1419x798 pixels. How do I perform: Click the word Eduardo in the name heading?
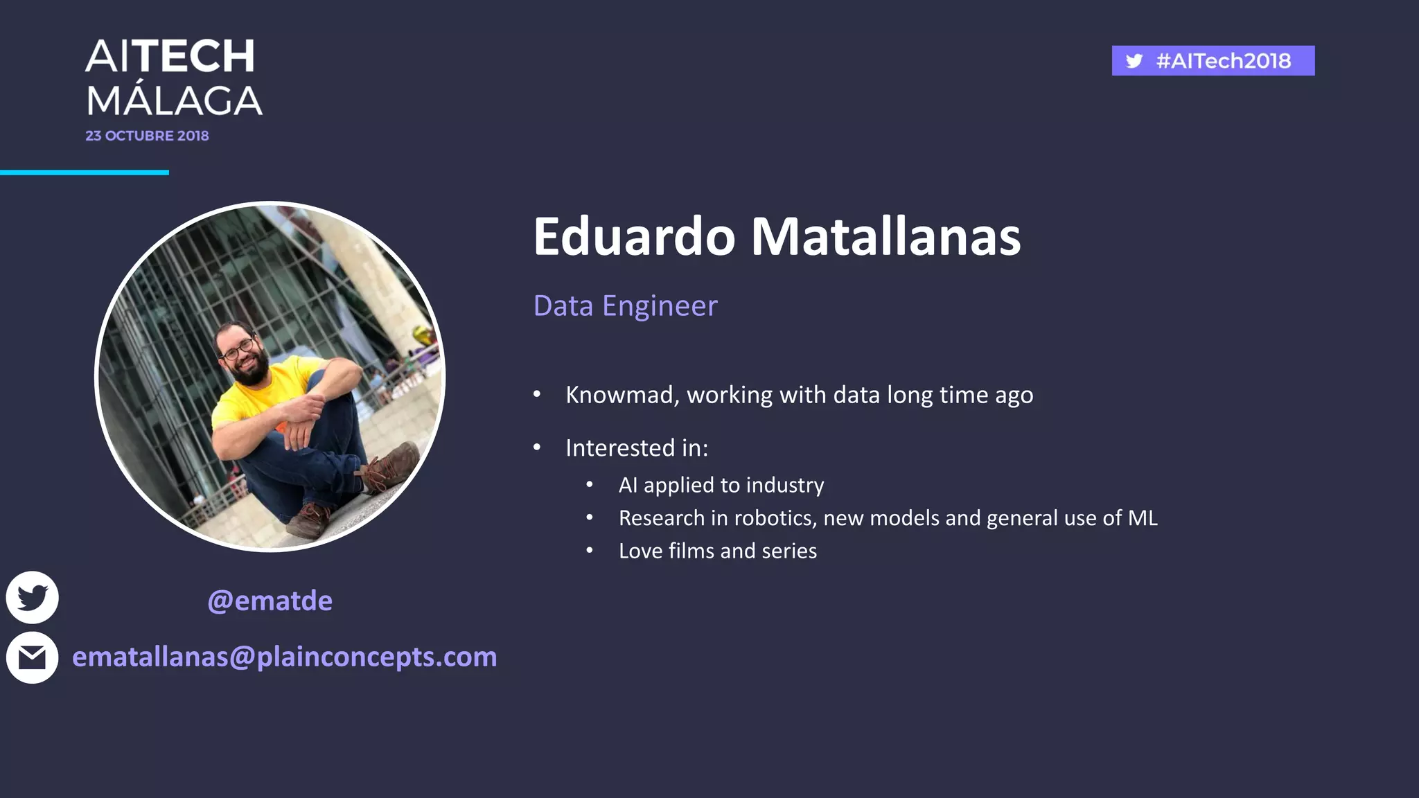(x=634, y=237)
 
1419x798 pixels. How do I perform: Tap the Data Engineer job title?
(x=625, y=305)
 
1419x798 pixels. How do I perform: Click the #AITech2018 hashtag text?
(x=1223, y=61)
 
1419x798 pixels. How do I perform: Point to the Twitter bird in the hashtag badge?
(x=1134, y=61)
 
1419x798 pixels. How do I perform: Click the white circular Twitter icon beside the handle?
(x=32, y=597)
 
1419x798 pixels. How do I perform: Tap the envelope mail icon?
(x=32, y=657)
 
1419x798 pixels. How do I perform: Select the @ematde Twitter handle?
(x=270, y=601)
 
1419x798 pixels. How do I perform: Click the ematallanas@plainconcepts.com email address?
(x=284, y=657)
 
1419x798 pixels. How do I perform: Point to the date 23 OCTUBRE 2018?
(x=147, y=136)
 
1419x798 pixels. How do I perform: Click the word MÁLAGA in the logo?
(x=174, y=101)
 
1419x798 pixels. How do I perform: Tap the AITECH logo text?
(x=170, y=56)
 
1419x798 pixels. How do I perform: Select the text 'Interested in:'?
(x=636, y=448)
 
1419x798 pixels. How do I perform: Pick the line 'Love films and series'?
(x=717, y=551)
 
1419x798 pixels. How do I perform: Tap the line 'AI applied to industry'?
(x=721, y=485)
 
